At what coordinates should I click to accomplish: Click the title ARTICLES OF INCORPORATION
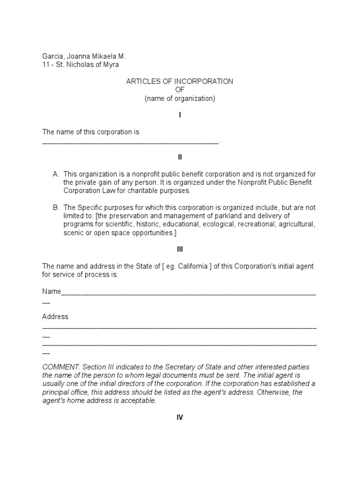(x=180, y=82)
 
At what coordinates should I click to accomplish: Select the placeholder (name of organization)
(x=180, y=98)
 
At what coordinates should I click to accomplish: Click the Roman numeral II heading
(x=180, y=157)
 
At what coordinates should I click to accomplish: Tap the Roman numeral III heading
(x=180, y=250)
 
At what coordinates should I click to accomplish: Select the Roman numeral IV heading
(x=180, y=418)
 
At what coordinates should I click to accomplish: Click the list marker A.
(x=56, y=174)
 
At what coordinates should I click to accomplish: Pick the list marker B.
(x=56, y=208)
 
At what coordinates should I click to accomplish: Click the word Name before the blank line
(x=52, y=292)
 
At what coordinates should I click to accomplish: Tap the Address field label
(x=55, y=317)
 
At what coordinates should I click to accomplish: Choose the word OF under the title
(x=180, y=90)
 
